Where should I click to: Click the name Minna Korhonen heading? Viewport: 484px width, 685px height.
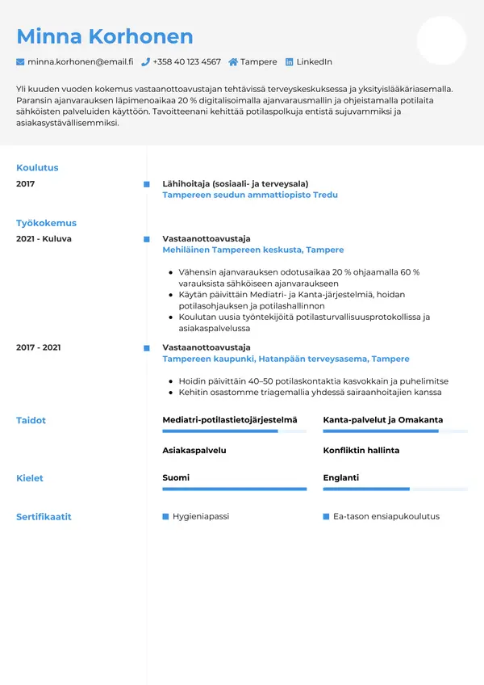(105, 36)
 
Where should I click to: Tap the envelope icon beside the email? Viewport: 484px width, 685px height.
(20, 62)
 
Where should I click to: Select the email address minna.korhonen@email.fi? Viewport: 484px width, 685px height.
(80, 62)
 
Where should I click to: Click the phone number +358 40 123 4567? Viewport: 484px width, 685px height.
(186, 62)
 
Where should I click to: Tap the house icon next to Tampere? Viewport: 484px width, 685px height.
(233, 62)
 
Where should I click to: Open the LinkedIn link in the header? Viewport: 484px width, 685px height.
(314, 62)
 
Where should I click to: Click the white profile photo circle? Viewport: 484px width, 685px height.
(441, 40)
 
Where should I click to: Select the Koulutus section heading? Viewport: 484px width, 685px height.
(37, 168)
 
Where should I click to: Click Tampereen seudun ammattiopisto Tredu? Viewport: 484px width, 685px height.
(250, 195)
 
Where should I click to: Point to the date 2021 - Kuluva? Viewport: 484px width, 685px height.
(44, 239)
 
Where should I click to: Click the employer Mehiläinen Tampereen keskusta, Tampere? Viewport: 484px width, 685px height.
(252, 250)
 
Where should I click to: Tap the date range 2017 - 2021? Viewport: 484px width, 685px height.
(39, 347)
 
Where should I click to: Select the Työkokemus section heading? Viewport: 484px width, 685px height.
(46, 223)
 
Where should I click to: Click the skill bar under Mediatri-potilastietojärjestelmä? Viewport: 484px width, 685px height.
(234, 431)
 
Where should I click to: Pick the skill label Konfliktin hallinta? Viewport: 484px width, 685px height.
(361, 450)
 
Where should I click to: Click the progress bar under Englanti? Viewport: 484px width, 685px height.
(395, 489)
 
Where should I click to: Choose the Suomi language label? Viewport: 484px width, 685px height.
(176, 478)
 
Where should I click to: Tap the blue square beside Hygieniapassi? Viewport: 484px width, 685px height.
(165, 516)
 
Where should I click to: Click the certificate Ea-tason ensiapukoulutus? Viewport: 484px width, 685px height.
(386, 516)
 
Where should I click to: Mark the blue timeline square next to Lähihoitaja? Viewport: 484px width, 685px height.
(146, 184)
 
